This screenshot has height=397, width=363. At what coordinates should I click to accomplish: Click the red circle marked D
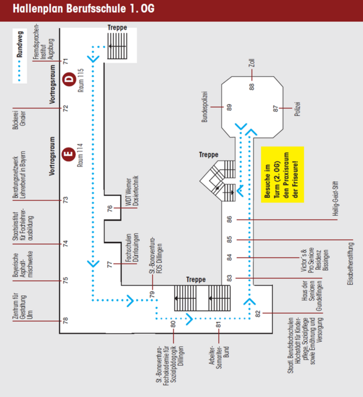point(69,79)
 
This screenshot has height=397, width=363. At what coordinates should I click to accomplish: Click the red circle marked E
point(69,154)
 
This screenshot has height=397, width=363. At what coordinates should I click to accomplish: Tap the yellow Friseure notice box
point(282,175)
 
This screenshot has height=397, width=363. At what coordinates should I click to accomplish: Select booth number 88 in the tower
point(251,87)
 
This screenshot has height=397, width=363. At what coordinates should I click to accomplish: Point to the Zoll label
point(251,63)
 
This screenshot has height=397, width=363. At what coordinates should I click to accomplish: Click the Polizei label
point(297,109)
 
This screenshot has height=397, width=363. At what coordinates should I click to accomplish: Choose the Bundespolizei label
point(204,107)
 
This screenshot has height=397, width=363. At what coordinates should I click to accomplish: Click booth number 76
point(109,208)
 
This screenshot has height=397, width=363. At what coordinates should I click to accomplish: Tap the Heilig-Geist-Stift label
point(336,198)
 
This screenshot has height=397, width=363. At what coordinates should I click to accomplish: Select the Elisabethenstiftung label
point(351,264)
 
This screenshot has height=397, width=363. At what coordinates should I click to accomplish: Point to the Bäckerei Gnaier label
point(19,120)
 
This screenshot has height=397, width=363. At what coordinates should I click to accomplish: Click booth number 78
point(65,321)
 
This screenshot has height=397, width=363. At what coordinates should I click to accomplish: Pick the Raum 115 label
point(81,80)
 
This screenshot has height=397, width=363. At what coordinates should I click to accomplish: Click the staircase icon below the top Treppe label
point(117,46)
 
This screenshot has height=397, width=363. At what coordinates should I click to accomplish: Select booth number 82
point(258,314)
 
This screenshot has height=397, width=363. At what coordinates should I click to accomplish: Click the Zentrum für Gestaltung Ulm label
point(22,306)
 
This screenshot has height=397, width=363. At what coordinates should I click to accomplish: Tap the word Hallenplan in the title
point(38,9)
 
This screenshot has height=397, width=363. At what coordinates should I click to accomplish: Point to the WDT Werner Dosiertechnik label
point(132,190)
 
